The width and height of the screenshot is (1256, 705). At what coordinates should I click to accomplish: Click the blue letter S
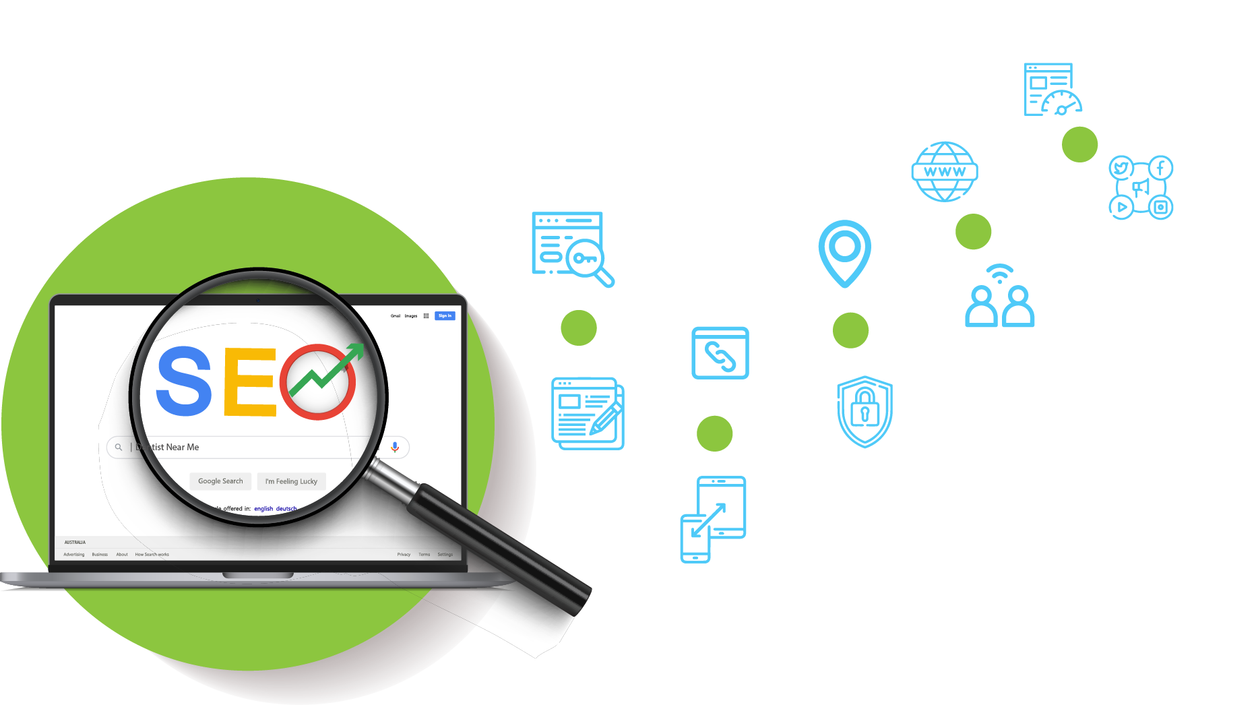tap(184, 381)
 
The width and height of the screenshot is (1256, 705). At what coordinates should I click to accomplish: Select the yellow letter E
tap(250, 381)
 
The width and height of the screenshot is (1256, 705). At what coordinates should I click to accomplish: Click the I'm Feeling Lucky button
tap(291, 481)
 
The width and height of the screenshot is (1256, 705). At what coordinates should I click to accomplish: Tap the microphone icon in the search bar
tap(395, 447)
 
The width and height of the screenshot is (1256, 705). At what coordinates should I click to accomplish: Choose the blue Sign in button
tap(445, 315)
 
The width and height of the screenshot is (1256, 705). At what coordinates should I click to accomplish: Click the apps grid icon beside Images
tap(426, 315)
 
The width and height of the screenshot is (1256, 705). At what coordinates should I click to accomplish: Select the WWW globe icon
tap(945, 171)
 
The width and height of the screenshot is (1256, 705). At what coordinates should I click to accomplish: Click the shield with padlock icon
tap(865, 411)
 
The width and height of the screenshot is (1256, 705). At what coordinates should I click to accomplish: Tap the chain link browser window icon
tap(720, 353)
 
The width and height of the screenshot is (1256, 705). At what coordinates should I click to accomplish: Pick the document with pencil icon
tap(588, 413)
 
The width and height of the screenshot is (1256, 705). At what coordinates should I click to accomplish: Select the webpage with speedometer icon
tap(1052, 90)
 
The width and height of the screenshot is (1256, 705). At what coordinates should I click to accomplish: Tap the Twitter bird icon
tap(1121, 168)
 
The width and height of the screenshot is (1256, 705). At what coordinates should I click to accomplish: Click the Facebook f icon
tap(1160, 168)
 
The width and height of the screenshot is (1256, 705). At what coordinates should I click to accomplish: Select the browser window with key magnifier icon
tap(572, 248)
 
